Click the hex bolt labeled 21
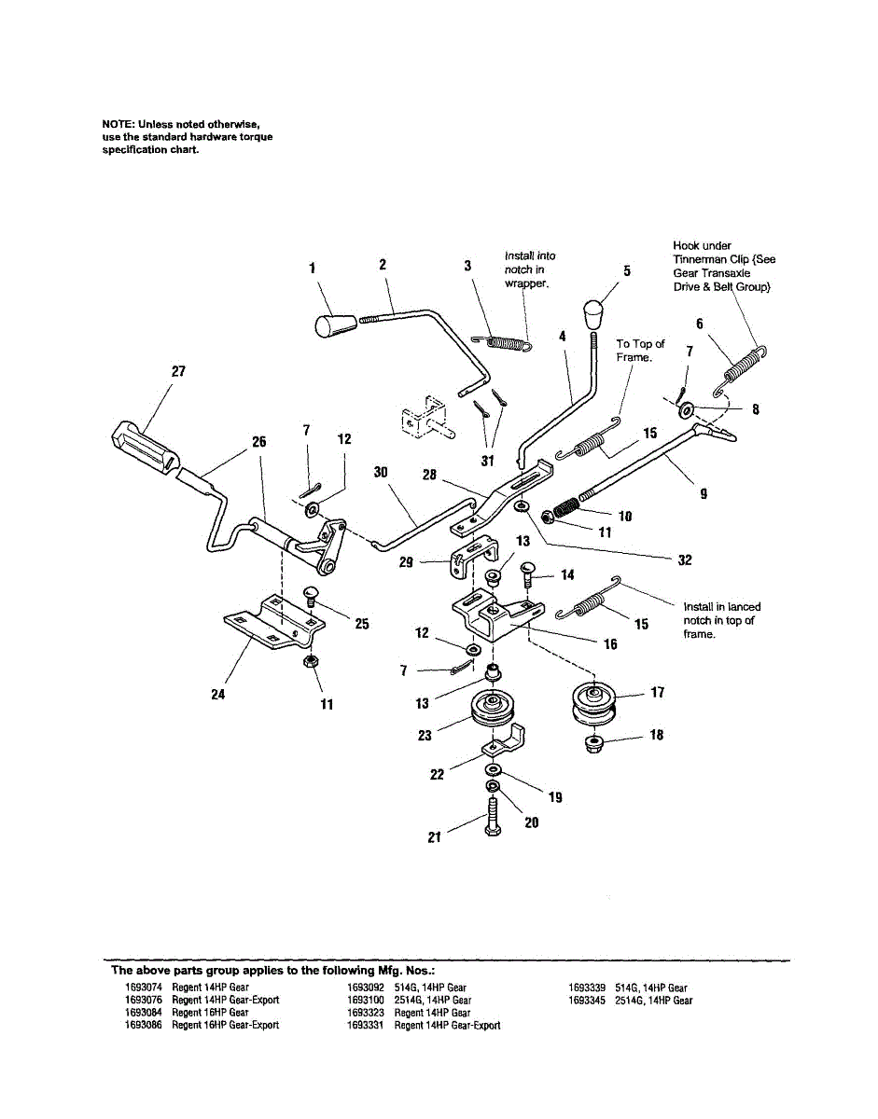[492, 820]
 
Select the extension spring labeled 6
[743, 366]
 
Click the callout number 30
[381, 472]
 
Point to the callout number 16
[610, 644]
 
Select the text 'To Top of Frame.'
[640, 351]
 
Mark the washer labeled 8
[687, 409]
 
